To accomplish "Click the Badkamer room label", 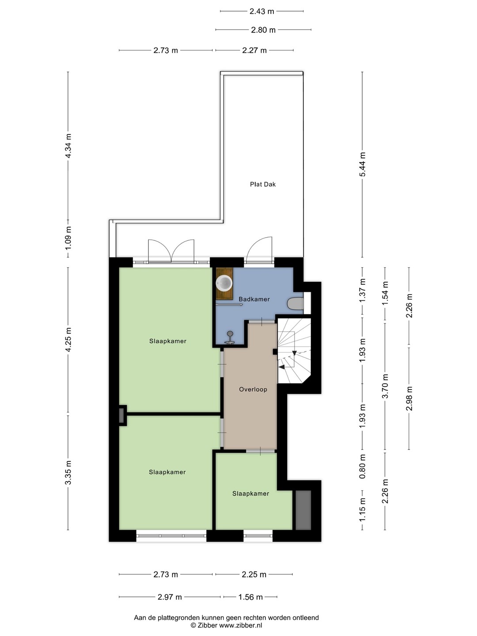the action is point(254,299).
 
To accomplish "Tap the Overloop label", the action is point(253,390).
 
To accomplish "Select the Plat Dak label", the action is point(263,184).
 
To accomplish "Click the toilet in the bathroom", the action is point(295,304).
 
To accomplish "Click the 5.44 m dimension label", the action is point(362,164).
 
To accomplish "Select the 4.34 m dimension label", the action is point(68,146).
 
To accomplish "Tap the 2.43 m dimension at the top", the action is point(262,11).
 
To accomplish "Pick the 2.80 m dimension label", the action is point(263,30).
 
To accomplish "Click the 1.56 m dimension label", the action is point(250,597).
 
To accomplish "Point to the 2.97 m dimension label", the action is point(170,597).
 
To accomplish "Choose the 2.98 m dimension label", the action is point(409,399).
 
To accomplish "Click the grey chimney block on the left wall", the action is point(121,415).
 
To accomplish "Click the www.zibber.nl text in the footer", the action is point(240,625).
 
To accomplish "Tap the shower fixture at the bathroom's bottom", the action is point(230,338).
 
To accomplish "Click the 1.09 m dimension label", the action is point(68,238).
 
